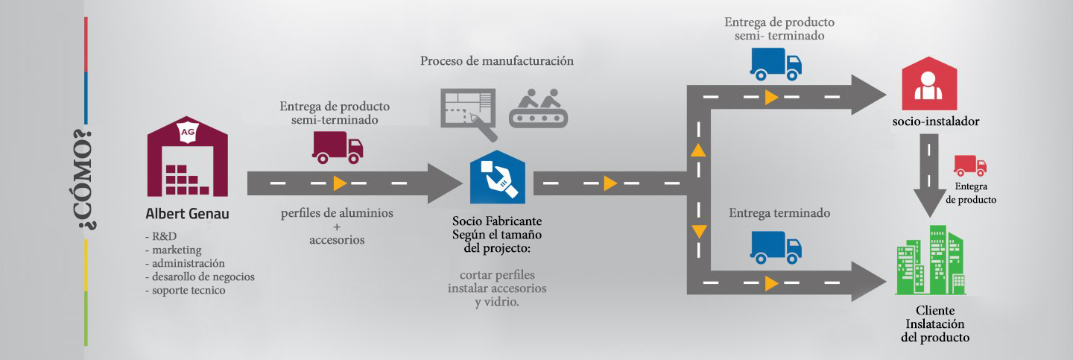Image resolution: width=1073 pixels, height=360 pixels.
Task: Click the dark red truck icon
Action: pos(338,148)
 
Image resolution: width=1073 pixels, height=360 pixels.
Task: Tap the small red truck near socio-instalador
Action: pos(969,165)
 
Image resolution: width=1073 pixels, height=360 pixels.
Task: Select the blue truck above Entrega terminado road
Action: pos(776,247)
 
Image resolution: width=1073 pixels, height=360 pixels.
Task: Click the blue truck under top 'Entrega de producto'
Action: pos(776,64)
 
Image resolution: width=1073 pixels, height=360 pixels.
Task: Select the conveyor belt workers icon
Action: pos(538,107)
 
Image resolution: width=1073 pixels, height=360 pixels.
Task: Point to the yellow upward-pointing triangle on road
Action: pos(697,149)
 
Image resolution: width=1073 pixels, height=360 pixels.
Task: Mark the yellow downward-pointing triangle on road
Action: pos(697,230)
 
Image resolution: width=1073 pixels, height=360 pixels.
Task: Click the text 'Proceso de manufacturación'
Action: pos(496,61)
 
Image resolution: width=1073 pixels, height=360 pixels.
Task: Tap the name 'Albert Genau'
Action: pos(187,215)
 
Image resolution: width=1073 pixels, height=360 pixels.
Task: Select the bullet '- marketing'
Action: pos(173,250)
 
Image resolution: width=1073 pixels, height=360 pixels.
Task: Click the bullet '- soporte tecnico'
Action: pos(185,290)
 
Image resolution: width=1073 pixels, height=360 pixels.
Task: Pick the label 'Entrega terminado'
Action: pos(779,213)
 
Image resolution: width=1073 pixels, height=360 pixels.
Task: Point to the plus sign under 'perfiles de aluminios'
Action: pos(337,227)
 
